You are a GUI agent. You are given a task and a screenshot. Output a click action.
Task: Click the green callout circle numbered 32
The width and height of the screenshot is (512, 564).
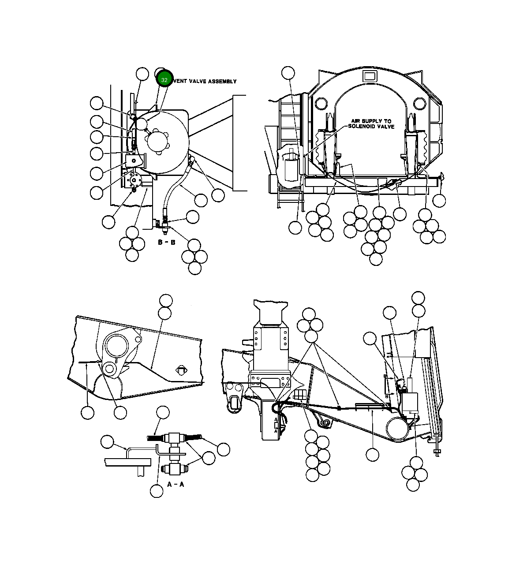164,79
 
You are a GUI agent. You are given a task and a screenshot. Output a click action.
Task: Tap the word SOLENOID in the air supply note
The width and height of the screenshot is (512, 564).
362,127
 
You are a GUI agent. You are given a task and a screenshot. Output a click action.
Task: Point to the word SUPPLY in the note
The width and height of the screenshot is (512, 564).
371,121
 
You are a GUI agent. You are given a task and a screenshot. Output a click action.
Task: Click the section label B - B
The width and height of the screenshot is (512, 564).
166,243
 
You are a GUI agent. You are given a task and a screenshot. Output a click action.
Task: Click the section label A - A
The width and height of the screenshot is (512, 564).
176,484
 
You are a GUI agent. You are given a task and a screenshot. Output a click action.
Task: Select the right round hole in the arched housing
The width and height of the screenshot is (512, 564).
419,104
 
